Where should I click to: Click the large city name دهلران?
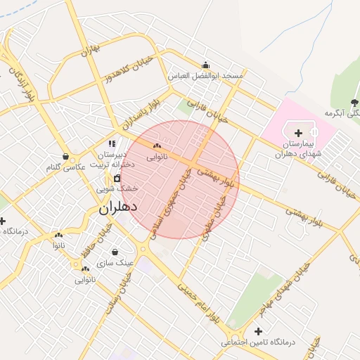tap(117, 207)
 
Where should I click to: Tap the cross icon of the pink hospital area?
tap(299, 132)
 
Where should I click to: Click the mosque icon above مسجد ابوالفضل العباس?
tap(205, 65)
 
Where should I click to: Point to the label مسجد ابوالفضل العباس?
tap(206, 75)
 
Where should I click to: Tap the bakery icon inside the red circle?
tap(156, 146)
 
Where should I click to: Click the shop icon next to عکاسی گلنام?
tap(65, 156)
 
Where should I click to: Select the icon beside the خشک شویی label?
tap(117, 178)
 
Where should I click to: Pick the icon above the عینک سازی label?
tap(115, 252)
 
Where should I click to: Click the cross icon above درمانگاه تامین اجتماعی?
tap(259, 331)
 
